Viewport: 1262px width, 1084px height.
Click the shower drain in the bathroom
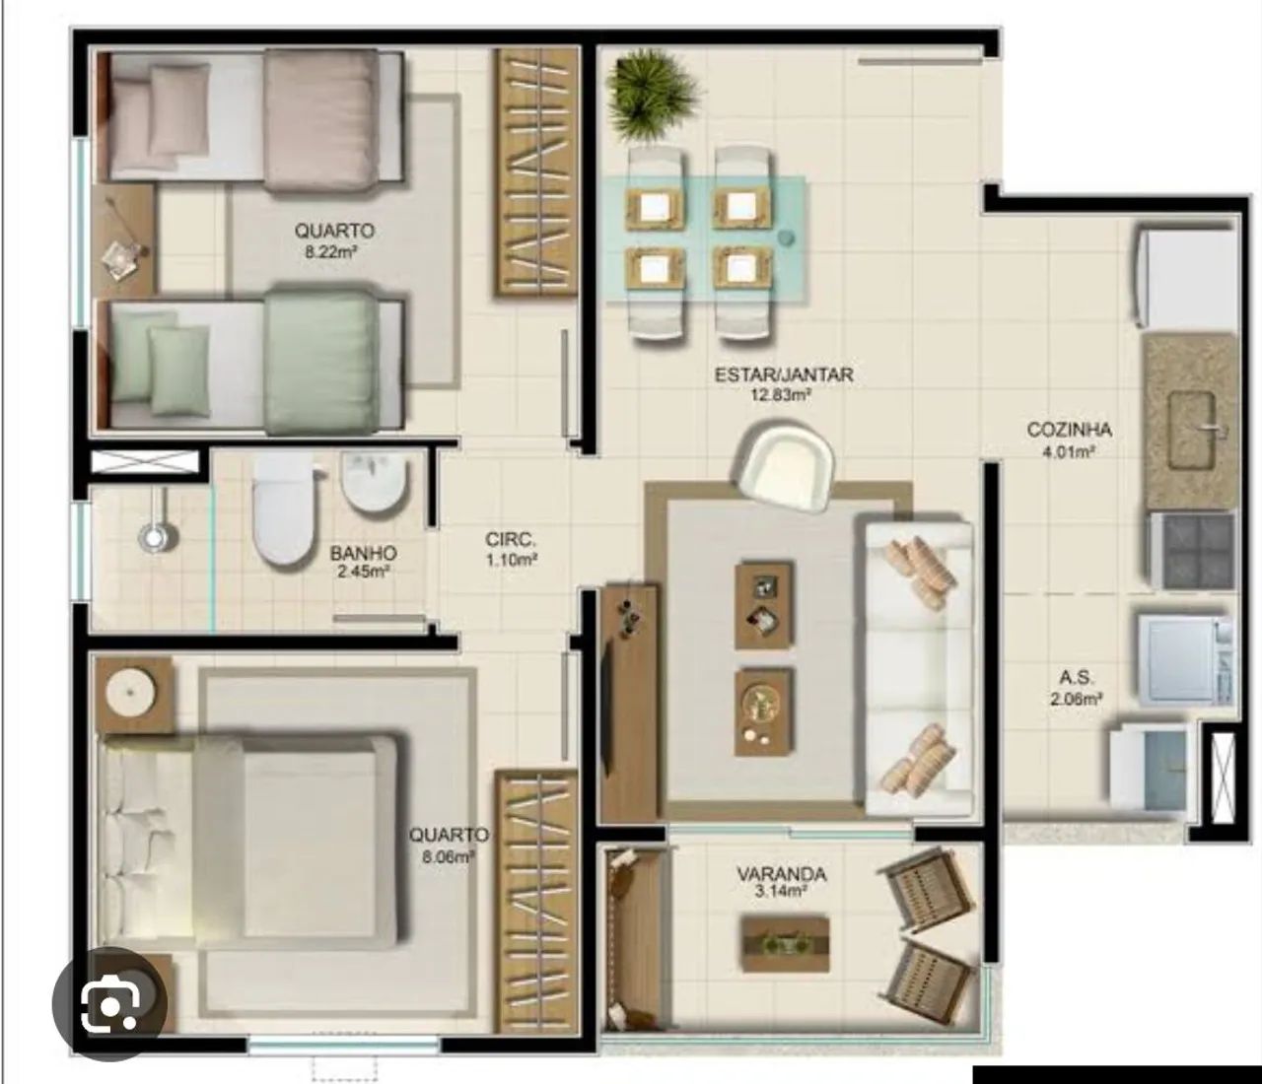[158, 537]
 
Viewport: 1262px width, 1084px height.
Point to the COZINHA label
[1069, 430]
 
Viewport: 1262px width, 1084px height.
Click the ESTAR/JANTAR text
[784, 374]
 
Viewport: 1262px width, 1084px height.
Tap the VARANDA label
[782, 874]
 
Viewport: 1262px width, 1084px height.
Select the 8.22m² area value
[331, 251]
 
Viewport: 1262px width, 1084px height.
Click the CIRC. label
[511, 539]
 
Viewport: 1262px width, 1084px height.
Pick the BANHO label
[363, 553]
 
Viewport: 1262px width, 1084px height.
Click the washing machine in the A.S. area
[1184, 661]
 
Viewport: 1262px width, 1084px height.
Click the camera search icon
[110, 1004]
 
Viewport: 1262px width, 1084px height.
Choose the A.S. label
[1077, 677]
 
